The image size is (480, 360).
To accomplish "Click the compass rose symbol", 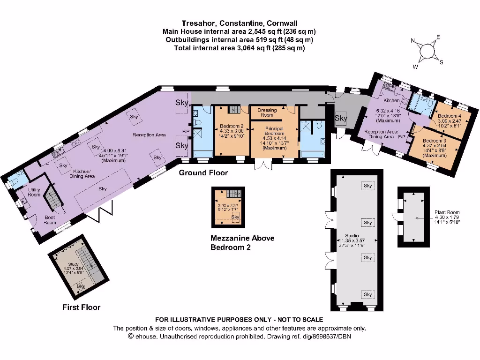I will (x=427, y=51).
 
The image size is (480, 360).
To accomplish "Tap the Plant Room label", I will (x=447, y=212).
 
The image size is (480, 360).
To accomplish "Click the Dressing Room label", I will (x=267, y=112).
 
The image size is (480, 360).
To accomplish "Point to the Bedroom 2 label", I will (x=231, y=126).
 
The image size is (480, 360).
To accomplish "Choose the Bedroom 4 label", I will (x=450, y=116).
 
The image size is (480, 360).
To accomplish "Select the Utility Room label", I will (x=34, y=192).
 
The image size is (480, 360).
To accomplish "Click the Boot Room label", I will (x=50, y=220).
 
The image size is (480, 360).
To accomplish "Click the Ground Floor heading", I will (x=203, y=173).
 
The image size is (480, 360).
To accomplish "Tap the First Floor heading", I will (x=81, y=307).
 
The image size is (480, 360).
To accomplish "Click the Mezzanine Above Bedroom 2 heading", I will (x=242, y=242).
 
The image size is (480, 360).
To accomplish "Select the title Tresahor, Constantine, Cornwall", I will (x=239, y=23).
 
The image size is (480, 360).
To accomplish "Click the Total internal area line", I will (x=239, y=48).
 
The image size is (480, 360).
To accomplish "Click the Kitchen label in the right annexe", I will (x=391, y=100).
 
